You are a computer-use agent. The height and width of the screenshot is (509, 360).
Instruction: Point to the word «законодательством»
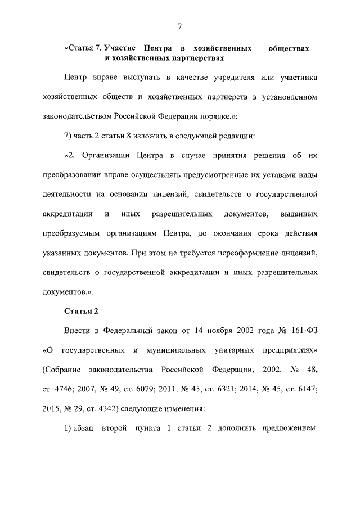[x=76, y=117]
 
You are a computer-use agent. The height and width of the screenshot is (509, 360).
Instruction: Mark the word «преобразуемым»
[x=73, y=235]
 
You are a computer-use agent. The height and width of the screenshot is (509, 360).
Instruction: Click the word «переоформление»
[x=251, y=254]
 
